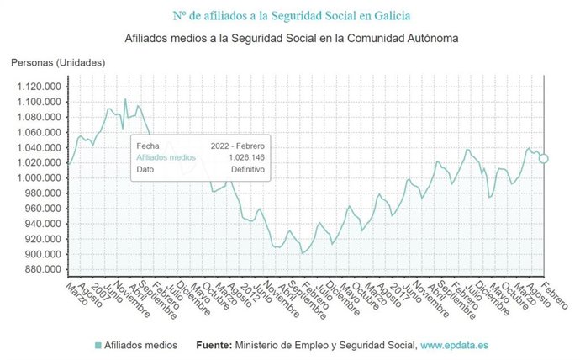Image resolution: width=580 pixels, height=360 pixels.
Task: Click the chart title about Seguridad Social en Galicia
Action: tap(292, 15)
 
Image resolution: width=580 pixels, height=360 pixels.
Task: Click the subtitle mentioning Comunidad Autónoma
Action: tap(292, 39)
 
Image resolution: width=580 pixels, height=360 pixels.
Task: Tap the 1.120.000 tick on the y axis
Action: tap(37, 87)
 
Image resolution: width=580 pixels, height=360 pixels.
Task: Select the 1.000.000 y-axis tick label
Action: tap(37, 178)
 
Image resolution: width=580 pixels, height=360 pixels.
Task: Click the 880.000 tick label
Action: tap(40, 270)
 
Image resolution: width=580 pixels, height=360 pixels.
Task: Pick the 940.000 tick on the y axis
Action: tap(40, 225)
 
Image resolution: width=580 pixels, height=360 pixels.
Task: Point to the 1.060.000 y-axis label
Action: tap(37, 133)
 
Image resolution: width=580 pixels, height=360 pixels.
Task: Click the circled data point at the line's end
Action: tap(544, 158)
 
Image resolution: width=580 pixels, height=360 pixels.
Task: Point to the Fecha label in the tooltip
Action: tap(147, 145)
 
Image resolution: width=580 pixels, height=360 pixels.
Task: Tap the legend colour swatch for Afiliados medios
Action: tap(98, 345)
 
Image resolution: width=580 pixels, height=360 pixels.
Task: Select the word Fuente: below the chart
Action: tap(214, 345)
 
